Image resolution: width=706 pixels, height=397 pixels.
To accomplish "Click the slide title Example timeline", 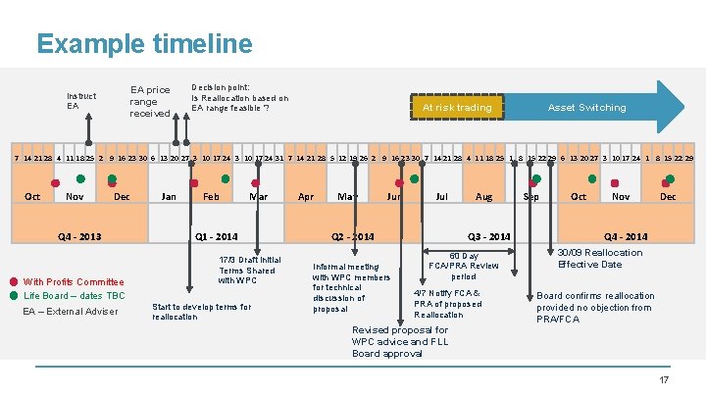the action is pos(144,44).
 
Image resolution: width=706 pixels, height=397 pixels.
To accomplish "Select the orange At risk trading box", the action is pos(457,107).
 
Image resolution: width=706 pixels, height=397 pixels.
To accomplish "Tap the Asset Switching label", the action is pos(586,107).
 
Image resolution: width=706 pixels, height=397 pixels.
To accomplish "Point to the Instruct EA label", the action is pos(81,101).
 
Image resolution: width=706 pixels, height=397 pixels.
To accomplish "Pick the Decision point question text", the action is pos(239,96).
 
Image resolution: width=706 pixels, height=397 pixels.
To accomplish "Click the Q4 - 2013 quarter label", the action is pos(79,236).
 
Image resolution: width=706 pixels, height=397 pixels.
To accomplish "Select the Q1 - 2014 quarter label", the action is pos(217,236).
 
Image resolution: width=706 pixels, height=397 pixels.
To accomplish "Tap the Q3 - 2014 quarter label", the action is pos(488,236).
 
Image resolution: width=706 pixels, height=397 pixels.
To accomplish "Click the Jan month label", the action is pos(169,197).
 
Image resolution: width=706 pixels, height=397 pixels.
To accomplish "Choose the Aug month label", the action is pos(483,197).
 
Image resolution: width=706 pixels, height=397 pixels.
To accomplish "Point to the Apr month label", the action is pos(306,197).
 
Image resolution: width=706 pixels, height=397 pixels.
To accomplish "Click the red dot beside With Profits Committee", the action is pos(14,281).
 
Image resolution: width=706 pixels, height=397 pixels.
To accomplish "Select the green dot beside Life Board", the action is pos(14,295).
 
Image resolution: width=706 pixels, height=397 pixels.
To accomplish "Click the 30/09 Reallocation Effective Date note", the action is pos(599,259).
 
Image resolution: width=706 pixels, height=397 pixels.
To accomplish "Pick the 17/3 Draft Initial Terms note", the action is pos(249,271).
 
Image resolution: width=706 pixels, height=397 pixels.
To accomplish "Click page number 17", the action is pos(663,379).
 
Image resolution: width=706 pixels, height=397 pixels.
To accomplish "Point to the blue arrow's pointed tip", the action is pos(683,106).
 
